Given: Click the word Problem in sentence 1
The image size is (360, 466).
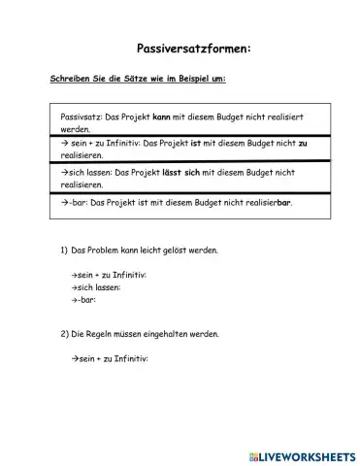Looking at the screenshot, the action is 106,250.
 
